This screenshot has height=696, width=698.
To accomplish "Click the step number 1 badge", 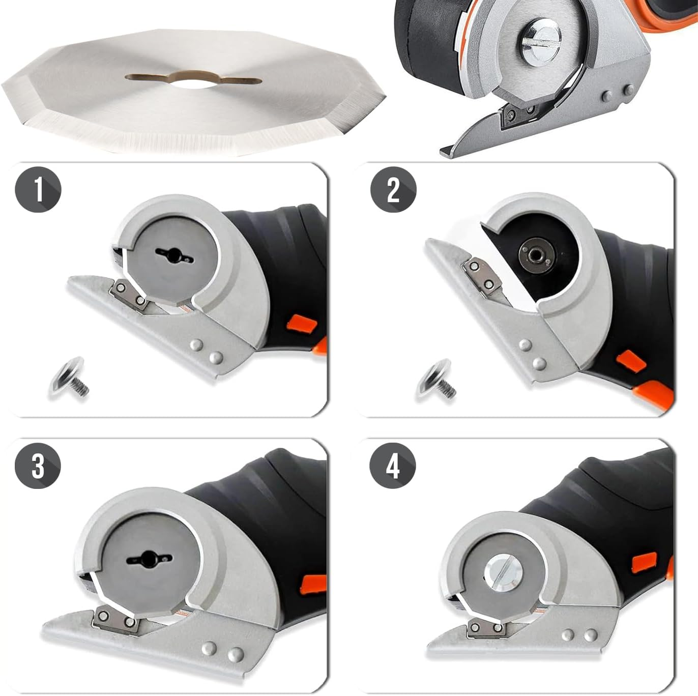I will point(38,190).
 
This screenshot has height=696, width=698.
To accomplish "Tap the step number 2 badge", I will point(393,190).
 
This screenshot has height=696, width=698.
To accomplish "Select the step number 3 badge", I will point(38,466).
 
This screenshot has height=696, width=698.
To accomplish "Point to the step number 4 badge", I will point(393,466).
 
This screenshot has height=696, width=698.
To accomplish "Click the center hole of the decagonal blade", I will point(193,80).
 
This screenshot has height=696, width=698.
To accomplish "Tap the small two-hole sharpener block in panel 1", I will point(129,296).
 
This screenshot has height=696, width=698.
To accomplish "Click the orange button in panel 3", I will point(313,583).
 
